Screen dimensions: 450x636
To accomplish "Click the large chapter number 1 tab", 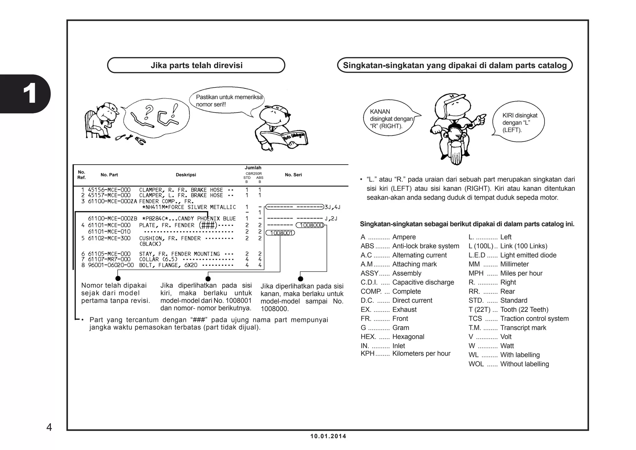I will click(30, 94).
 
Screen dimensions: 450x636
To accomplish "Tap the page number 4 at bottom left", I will click(49, 427).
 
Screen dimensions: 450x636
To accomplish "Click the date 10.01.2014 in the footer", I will click(328, 436).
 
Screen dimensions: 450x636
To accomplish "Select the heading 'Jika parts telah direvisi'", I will click(196, 65).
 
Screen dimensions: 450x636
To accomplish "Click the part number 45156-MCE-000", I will click(109, 190).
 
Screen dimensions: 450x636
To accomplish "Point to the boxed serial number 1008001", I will click(280, 233).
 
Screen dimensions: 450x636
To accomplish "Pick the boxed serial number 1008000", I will click(311, 225).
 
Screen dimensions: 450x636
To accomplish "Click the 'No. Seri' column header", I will click(293, 175).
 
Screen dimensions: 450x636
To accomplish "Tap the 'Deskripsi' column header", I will click(186, 175).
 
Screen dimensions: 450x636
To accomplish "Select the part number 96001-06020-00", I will click(111, 265).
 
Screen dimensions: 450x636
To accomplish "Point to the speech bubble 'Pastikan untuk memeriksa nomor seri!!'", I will click(229, 101).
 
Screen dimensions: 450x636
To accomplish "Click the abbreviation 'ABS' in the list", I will click(367, 246).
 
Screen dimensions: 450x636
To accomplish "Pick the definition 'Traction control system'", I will click(534, 319).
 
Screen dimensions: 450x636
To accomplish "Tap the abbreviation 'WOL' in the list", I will click(476, 364).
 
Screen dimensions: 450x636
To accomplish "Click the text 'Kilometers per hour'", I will click(421, 353).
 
